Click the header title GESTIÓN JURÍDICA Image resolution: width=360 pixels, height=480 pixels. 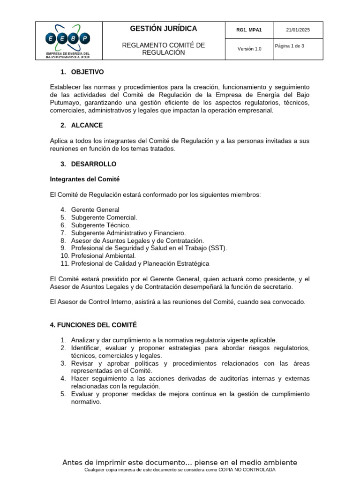pyautogui.click(x=164, y=29)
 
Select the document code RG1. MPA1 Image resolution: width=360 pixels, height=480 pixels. pyautogui.click(x=249, y=30)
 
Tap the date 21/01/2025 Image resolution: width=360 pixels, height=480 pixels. pyautogui.click(x=298, y=30)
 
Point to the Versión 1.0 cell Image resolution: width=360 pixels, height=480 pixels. pyautogui.click(x=249, y=49)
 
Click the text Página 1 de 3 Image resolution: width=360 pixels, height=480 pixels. pyautogui.click(x=290, y=46)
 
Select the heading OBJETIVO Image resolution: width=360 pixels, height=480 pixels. pyautogui.click(x=87, y=72)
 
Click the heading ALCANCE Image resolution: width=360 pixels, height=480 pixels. pyautogui.click(x=87, y=126)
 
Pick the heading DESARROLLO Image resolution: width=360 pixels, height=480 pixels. pyautogui.click(x=94, y=164)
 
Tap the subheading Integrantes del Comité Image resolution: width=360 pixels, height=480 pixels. pyautogui.click(x=85, y=179)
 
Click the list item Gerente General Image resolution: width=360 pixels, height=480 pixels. pyautogui.click(x=95, y=210)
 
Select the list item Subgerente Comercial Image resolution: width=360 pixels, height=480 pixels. pyautogui.click(x=104, y=217)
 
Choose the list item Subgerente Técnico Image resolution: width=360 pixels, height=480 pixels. pyautogui.click(x=101, y=225)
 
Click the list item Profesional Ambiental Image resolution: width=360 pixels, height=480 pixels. pyautogui.click(x=103, y=256)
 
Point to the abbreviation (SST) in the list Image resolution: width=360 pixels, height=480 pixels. pyautogui.click(x=217, y=248)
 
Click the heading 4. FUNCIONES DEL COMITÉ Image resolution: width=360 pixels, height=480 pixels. pyautogui.click(x=93, y=325)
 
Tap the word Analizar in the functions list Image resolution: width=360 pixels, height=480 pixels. pyautogui.click(x=83, y=340)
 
